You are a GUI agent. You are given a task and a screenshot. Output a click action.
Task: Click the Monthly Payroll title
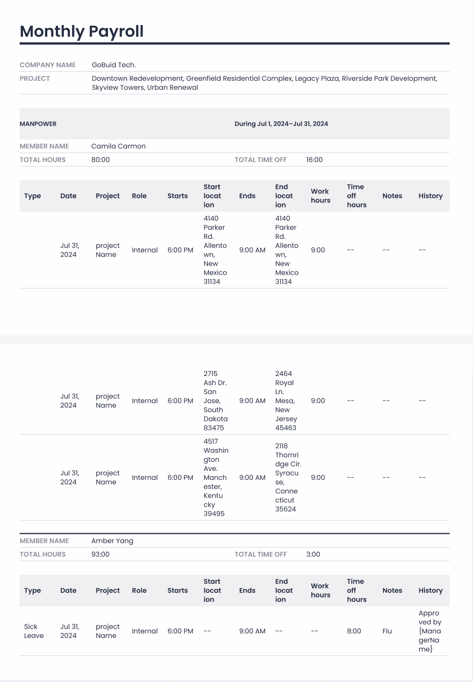click(x=82, y=31)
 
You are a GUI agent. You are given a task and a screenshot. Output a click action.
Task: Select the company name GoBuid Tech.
click(x=113, y=65)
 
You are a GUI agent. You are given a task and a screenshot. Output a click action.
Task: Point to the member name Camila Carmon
click(x=118, y=146)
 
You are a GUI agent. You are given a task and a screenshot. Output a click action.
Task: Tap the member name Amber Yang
click(x=112, y=541)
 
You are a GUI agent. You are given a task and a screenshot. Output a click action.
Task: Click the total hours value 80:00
click(x=100, y=160)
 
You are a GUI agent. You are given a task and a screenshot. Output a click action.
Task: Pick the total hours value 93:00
click(x=100, y=554)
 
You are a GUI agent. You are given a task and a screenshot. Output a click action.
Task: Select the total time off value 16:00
click(x=314, y=160)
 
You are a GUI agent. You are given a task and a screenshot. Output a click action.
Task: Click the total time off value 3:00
click(x=313, y=554)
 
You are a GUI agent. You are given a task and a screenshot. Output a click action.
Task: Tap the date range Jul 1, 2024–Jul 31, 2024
click(x=281, y=124)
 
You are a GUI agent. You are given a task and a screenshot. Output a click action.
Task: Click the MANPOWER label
click(x=38, y=124)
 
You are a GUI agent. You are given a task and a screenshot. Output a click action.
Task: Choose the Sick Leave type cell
click(x=34, y=631)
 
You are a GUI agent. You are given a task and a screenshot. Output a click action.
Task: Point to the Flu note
click(x=387, y=631)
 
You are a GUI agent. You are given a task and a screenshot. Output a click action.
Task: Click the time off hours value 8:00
click(x=354, y=631)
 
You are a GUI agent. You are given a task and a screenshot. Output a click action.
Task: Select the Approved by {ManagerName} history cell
click(x=429, y=631)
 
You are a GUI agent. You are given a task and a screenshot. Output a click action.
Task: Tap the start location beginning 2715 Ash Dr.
click(x=215, y=401)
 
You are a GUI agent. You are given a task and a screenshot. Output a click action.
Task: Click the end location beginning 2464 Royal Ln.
click(x=286, y=401)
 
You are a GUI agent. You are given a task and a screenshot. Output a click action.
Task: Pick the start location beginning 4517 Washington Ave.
click(x=216, y=478)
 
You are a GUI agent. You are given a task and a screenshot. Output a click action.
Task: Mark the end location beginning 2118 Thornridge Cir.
click(x=288, y=478)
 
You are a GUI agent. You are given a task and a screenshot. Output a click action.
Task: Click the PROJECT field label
click(x=34, y=79)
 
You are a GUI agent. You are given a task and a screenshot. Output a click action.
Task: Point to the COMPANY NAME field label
click(x=48, y=65)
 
